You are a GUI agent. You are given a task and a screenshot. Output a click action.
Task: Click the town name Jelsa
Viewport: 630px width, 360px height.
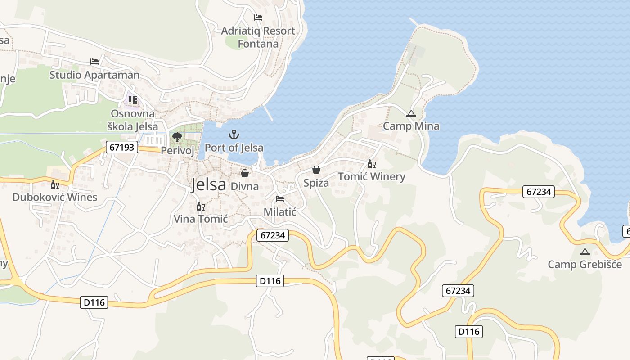coord(208,184)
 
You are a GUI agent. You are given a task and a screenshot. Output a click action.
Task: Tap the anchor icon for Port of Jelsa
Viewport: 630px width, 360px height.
coord(234,135)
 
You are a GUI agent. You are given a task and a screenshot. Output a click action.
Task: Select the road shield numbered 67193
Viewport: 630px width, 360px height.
coord(122,147)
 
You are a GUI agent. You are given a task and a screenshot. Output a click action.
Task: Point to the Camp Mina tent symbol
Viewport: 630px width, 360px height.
coord(411,114)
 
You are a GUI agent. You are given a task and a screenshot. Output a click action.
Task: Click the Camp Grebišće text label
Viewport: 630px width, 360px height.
coord(585,264)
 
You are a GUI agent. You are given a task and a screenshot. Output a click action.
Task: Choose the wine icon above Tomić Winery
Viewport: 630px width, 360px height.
coord(371,164)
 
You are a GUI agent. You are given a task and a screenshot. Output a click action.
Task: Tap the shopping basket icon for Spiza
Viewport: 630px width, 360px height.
coord(316,170)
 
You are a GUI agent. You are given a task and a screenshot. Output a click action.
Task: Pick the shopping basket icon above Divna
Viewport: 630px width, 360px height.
coord(245,173)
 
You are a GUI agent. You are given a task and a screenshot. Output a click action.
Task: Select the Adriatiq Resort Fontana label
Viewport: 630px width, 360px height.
coord(258,37)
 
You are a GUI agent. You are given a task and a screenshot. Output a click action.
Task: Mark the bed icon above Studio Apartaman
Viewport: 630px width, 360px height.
coord(94,62)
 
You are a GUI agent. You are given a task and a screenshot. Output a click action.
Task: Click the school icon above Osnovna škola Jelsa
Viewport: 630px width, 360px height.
coord(132,100)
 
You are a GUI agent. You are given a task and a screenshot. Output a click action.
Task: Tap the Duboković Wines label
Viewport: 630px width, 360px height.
coord(54,197)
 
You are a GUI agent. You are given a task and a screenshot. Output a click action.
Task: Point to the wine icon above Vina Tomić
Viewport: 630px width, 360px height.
coord(201,207)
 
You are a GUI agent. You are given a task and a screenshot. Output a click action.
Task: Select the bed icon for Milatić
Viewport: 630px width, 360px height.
coord(280,199)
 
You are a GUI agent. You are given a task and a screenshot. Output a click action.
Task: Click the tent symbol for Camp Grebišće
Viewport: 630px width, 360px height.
coord(585,252)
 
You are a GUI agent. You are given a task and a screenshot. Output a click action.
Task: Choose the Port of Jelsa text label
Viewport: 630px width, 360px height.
coord(234,148)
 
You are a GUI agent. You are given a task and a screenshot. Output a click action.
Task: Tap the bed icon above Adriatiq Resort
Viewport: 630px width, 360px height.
coord(258,18)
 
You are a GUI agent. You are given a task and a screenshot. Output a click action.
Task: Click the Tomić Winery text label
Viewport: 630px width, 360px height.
coord(371,176)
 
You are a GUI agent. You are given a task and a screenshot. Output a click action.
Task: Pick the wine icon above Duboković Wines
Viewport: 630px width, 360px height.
coord(54,184)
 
